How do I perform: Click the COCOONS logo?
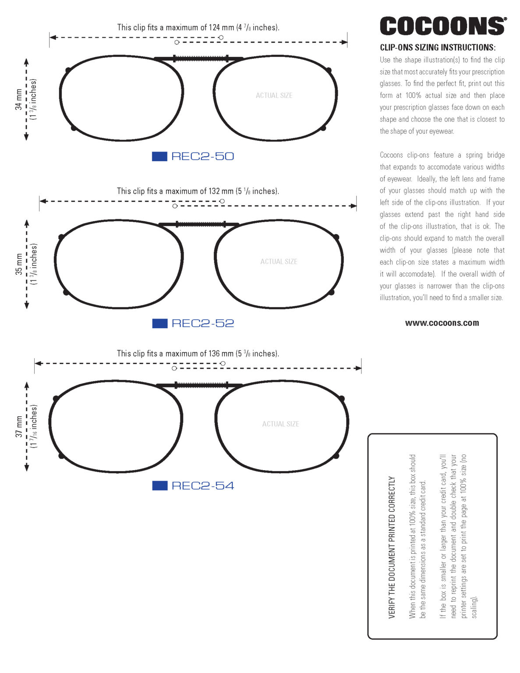click(442, 26)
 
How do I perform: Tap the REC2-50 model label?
click(202, 156)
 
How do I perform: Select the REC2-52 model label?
click(202, 323)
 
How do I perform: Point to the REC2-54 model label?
click(202, 486)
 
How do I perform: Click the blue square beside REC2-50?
click(159, 156)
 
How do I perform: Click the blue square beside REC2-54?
click(159, 485)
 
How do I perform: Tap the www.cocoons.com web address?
click(442, 323)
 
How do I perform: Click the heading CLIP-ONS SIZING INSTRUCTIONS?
click(438, 48)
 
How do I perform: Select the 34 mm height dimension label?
click(19, 99)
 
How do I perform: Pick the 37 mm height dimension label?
click(19, 427)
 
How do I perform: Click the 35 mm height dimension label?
click(19, 264)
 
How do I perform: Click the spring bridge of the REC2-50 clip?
click(200, 58)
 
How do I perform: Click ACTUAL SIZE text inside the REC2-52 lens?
click(279, 262)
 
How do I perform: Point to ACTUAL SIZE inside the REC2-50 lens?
click(274, 96)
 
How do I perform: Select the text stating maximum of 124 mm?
click(198, 28)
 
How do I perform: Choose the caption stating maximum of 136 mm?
click(198, 354)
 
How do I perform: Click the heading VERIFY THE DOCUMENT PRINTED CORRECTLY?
click(392, 547)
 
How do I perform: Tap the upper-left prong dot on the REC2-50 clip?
click(68, 70)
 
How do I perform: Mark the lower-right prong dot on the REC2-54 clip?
click(336, 456)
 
